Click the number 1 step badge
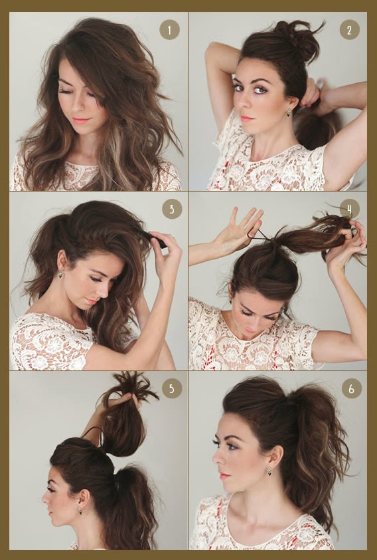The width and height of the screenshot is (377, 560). coord(169,30)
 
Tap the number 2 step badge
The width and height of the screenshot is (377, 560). coord(349,30)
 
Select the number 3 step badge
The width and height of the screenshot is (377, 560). coord(172,209)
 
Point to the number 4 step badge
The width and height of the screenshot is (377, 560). coord(350,209)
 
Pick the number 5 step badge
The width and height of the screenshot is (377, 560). coord(172,388)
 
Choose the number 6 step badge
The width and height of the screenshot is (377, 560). coord(352,388)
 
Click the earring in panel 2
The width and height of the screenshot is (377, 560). coord(288,112)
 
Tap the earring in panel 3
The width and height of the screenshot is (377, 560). coord(60,274)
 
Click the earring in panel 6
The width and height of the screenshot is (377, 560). coord(269,472)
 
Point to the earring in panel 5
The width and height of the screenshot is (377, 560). coord(80,511)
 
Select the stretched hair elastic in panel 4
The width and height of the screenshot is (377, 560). coord(262,234)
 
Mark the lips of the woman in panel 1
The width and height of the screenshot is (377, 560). coord(81,120)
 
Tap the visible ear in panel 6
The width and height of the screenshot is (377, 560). coord(275,456)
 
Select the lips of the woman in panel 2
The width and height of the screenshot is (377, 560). coord(246,118)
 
